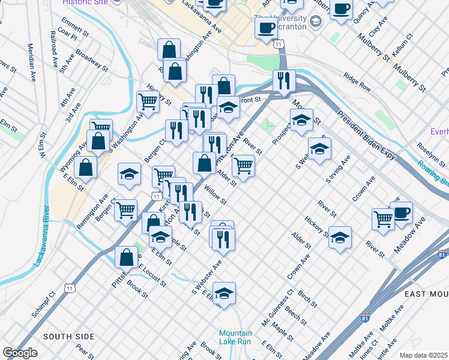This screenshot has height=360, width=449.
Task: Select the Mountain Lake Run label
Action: (235, 337)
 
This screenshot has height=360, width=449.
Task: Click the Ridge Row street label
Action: (357, 82)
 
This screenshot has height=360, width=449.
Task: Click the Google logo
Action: (20, 353)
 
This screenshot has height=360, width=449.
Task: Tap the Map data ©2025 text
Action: (424, 355)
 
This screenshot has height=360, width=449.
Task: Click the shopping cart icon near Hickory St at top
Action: (148, 101)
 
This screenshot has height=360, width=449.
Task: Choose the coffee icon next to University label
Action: (266, 27)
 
